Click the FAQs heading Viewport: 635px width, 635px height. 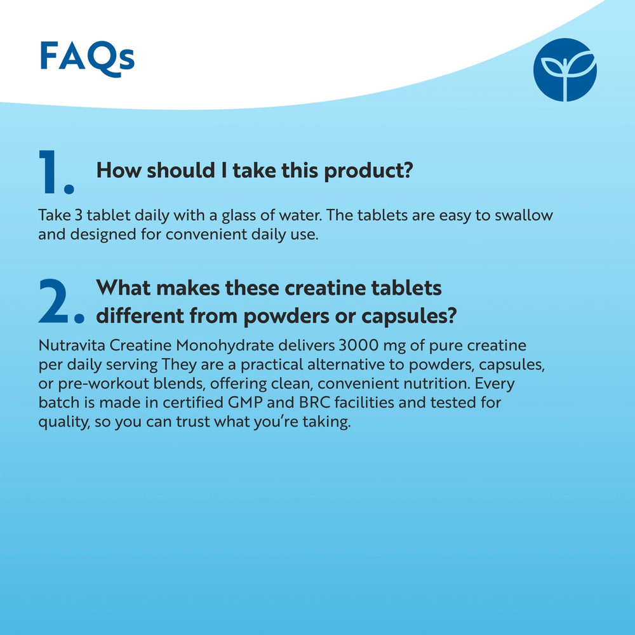point(87,58)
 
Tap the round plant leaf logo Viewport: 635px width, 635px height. point(565,70)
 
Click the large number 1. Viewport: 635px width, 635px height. point(56,172)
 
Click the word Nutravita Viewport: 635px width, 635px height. point(72,347)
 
